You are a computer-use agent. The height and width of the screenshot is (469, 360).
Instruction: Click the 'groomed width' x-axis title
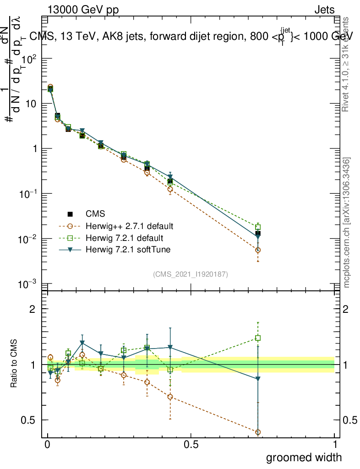point(304,457)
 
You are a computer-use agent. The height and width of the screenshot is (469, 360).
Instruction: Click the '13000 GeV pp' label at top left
point(83,10)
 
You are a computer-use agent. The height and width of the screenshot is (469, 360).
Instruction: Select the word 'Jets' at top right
point(324,10)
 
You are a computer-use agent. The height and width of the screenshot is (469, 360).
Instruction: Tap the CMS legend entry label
point(95,214)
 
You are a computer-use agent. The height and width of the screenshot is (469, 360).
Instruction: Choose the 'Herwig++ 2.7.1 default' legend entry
point(129,226)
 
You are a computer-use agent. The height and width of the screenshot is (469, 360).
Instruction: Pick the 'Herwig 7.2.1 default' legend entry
point(124,238)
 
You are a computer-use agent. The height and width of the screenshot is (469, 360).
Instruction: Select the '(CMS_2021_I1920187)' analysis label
point(191,274)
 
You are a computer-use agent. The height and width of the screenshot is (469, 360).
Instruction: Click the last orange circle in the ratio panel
point(258,432)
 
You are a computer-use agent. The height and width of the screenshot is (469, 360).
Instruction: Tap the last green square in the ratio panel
point(258,338)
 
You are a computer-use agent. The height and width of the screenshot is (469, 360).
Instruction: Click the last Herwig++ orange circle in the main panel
point(258,250)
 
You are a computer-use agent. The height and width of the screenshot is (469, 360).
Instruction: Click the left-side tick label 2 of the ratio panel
point(33,309)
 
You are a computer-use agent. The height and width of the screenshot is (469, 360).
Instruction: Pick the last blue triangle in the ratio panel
point(258,379)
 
